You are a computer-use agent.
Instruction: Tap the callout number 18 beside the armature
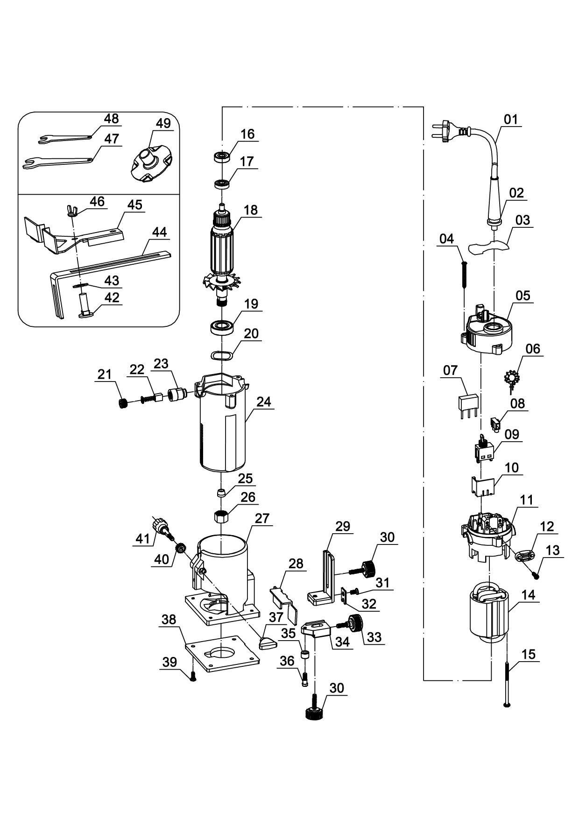pos(251,210)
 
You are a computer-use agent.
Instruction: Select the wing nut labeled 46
pos(71,211)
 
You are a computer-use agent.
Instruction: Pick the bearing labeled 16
pos(221,156)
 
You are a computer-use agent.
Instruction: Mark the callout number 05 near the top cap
pos(523,296)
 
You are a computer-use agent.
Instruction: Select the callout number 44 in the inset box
pos(160,233)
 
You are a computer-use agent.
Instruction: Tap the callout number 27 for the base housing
pos(262,519)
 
